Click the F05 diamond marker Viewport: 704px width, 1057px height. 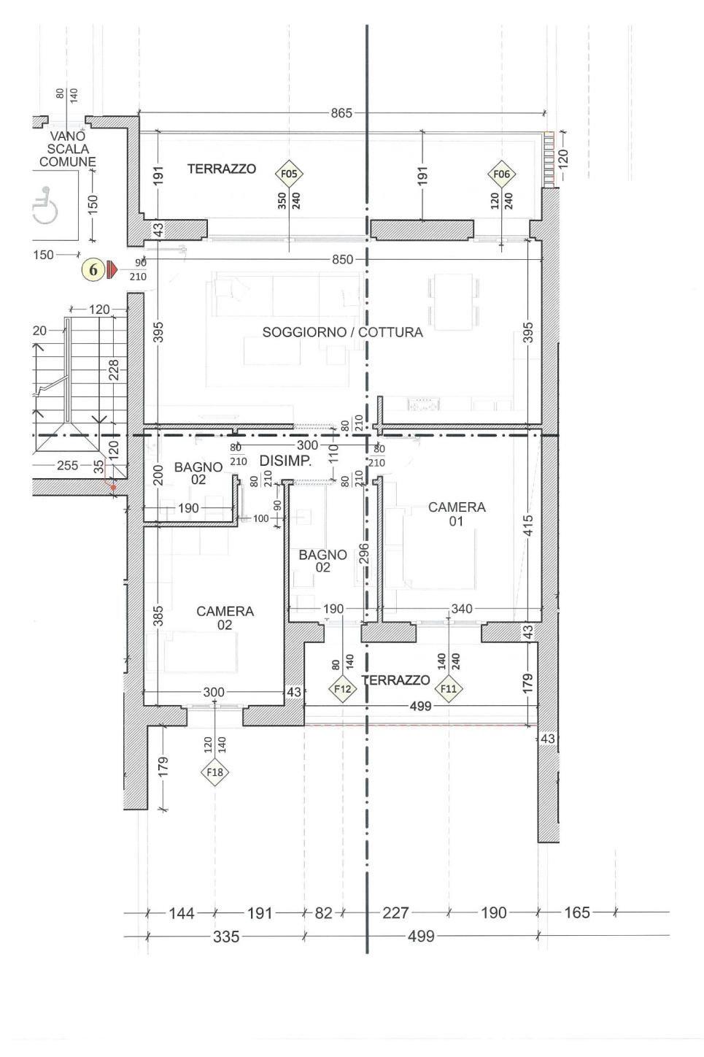pos(289,174)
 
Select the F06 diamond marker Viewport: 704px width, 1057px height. pos(501,174)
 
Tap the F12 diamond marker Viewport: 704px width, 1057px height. pos(342,689)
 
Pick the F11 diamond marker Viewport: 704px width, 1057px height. pos(449,689)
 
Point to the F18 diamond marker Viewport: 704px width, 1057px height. pos(214,772)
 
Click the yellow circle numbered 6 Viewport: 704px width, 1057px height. pos(93,270)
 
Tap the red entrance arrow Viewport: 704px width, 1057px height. pos(112,270)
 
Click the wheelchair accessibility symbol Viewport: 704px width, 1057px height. pos(45,205)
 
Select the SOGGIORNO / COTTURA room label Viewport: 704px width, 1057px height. pos(342,332)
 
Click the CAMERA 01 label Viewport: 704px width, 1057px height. pos(457,514)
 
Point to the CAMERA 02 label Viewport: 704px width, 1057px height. pos(225,618)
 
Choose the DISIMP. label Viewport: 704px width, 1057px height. pos(285,461)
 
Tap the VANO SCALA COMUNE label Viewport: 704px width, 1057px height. pos(67,149)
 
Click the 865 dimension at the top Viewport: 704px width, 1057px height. pos(341,113)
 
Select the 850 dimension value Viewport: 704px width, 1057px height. pos(343,260)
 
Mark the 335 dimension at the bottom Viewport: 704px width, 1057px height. pos(226,937)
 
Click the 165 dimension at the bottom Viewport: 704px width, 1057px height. pos(577,912)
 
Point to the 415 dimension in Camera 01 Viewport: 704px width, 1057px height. pos(528,525)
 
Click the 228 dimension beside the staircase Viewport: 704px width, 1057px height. pos(113,370)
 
